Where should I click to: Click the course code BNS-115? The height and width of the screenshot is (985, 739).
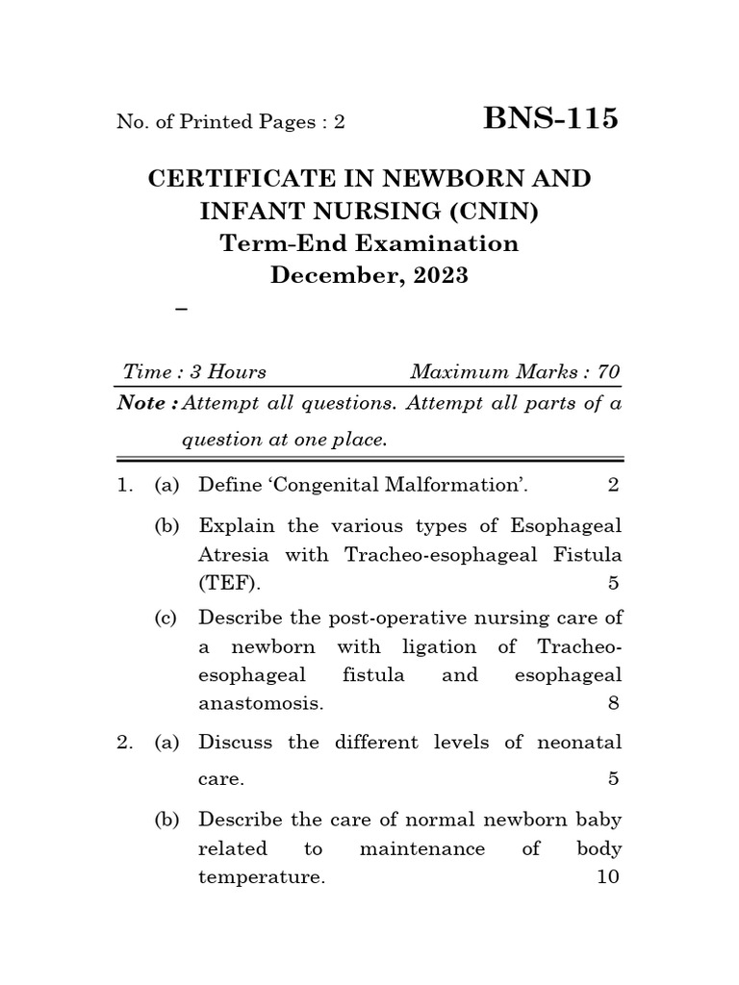point(551,119)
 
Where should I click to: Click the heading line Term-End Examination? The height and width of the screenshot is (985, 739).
point(369,243)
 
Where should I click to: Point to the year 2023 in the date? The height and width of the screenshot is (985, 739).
point(442,275)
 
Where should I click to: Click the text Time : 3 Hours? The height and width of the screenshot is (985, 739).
point(195,372)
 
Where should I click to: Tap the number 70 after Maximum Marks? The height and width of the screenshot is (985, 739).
point(608,372)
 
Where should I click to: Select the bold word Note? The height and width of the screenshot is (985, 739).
point(140,403)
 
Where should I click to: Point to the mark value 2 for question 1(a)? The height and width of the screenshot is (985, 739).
point(613,486)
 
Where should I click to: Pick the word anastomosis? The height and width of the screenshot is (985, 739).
point(260,703)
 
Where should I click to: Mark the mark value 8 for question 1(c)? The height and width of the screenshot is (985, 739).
point(613,703)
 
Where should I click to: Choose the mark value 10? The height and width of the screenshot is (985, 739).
point(608,877)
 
